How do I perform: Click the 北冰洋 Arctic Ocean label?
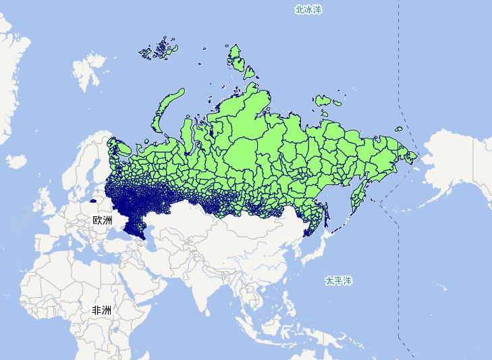(308, 9)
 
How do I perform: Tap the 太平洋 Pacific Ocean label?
(338, 280)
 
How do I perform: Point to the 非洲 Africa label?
(102, 310)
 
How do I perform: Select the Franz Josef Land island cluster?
(158, 51)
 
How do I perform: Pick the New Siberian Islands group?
(329, 100)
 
